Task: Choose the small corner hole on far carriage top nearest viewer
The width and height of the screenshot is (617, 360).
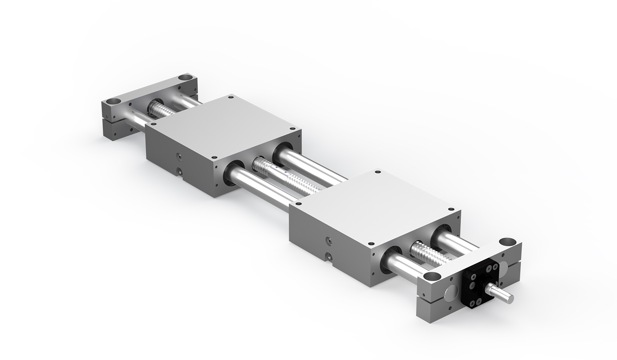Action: tap(213, 157)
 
